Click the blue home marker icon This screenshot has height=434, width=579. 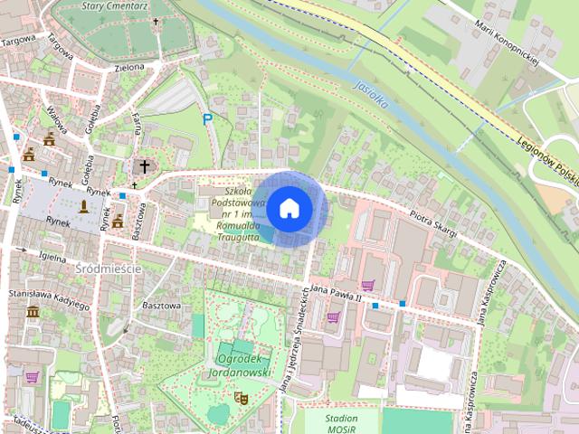pos(289,208)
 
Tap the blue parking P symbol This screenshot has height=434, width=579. pos(208,118)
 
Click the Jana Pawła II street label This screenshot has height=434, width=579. pos(336,291)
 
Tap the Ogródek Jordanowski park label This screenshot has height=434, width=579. pos(240,364)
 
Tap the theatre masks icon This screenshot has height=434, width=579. pos(242,397)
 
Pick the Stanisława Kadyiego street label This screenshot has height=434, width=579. pos(49,299)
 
